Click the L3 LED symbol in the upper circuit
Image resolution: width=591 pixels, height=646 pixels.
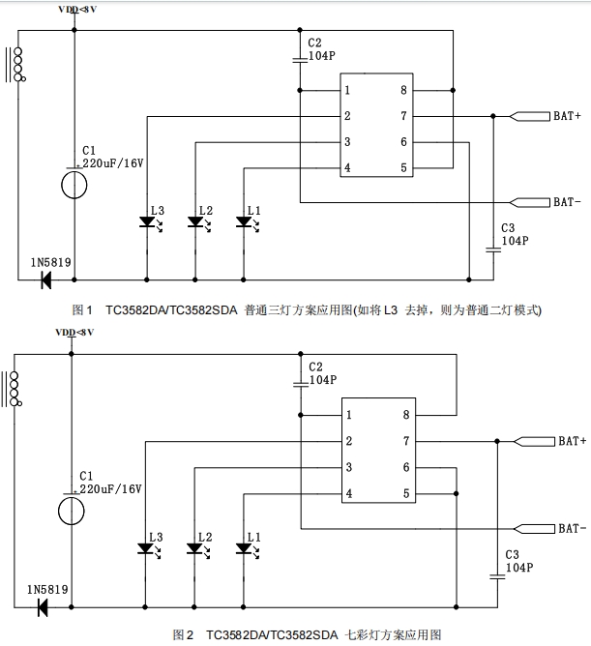coord(147,222)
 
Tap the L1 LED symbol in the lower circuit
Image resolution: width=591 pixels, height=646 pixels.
coord(245,548)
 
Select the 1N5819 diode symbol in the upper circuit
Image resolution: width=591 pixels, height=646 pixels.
coord(45,280)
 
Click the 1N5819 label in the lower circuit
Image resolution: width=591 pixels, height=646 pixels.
coord(48,589)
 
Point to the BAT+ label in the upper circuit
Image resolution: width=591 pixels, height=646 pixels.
coord(567,117)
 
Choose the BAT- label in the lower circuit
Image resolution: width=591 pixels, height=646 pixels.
coord(571,528)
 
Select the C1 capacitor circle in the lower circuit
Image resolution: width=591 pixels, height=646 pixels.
coord(74,510)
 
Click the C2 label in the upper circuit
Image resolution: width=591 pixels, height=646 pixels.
coord(314,44)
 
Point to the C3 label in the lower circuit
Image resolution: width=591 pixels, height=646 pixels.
coord(513,555)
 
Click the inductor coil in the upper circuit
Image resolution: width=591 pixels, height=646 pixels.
coord(15,65)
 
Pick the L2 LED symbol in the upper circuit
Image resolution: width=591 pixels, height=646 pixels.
coord(196,222)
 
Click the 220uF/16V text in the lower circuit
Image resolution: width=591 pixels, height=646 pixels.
coord(111,489)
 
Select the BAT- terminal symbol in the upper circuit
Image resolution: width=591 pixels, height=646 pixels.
coord(528,202)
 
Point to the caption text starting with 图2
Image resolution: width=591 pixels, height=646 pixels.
coord(307,634)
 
